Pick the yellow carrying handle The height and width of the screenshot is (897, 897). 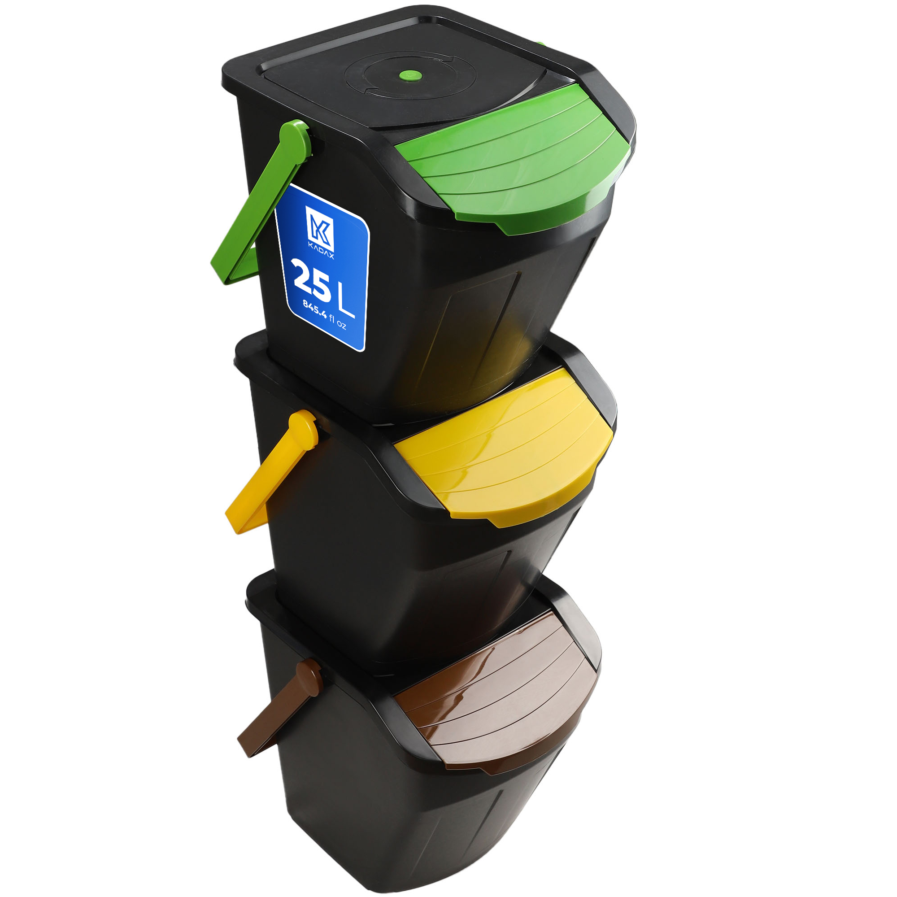point(269,471)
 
